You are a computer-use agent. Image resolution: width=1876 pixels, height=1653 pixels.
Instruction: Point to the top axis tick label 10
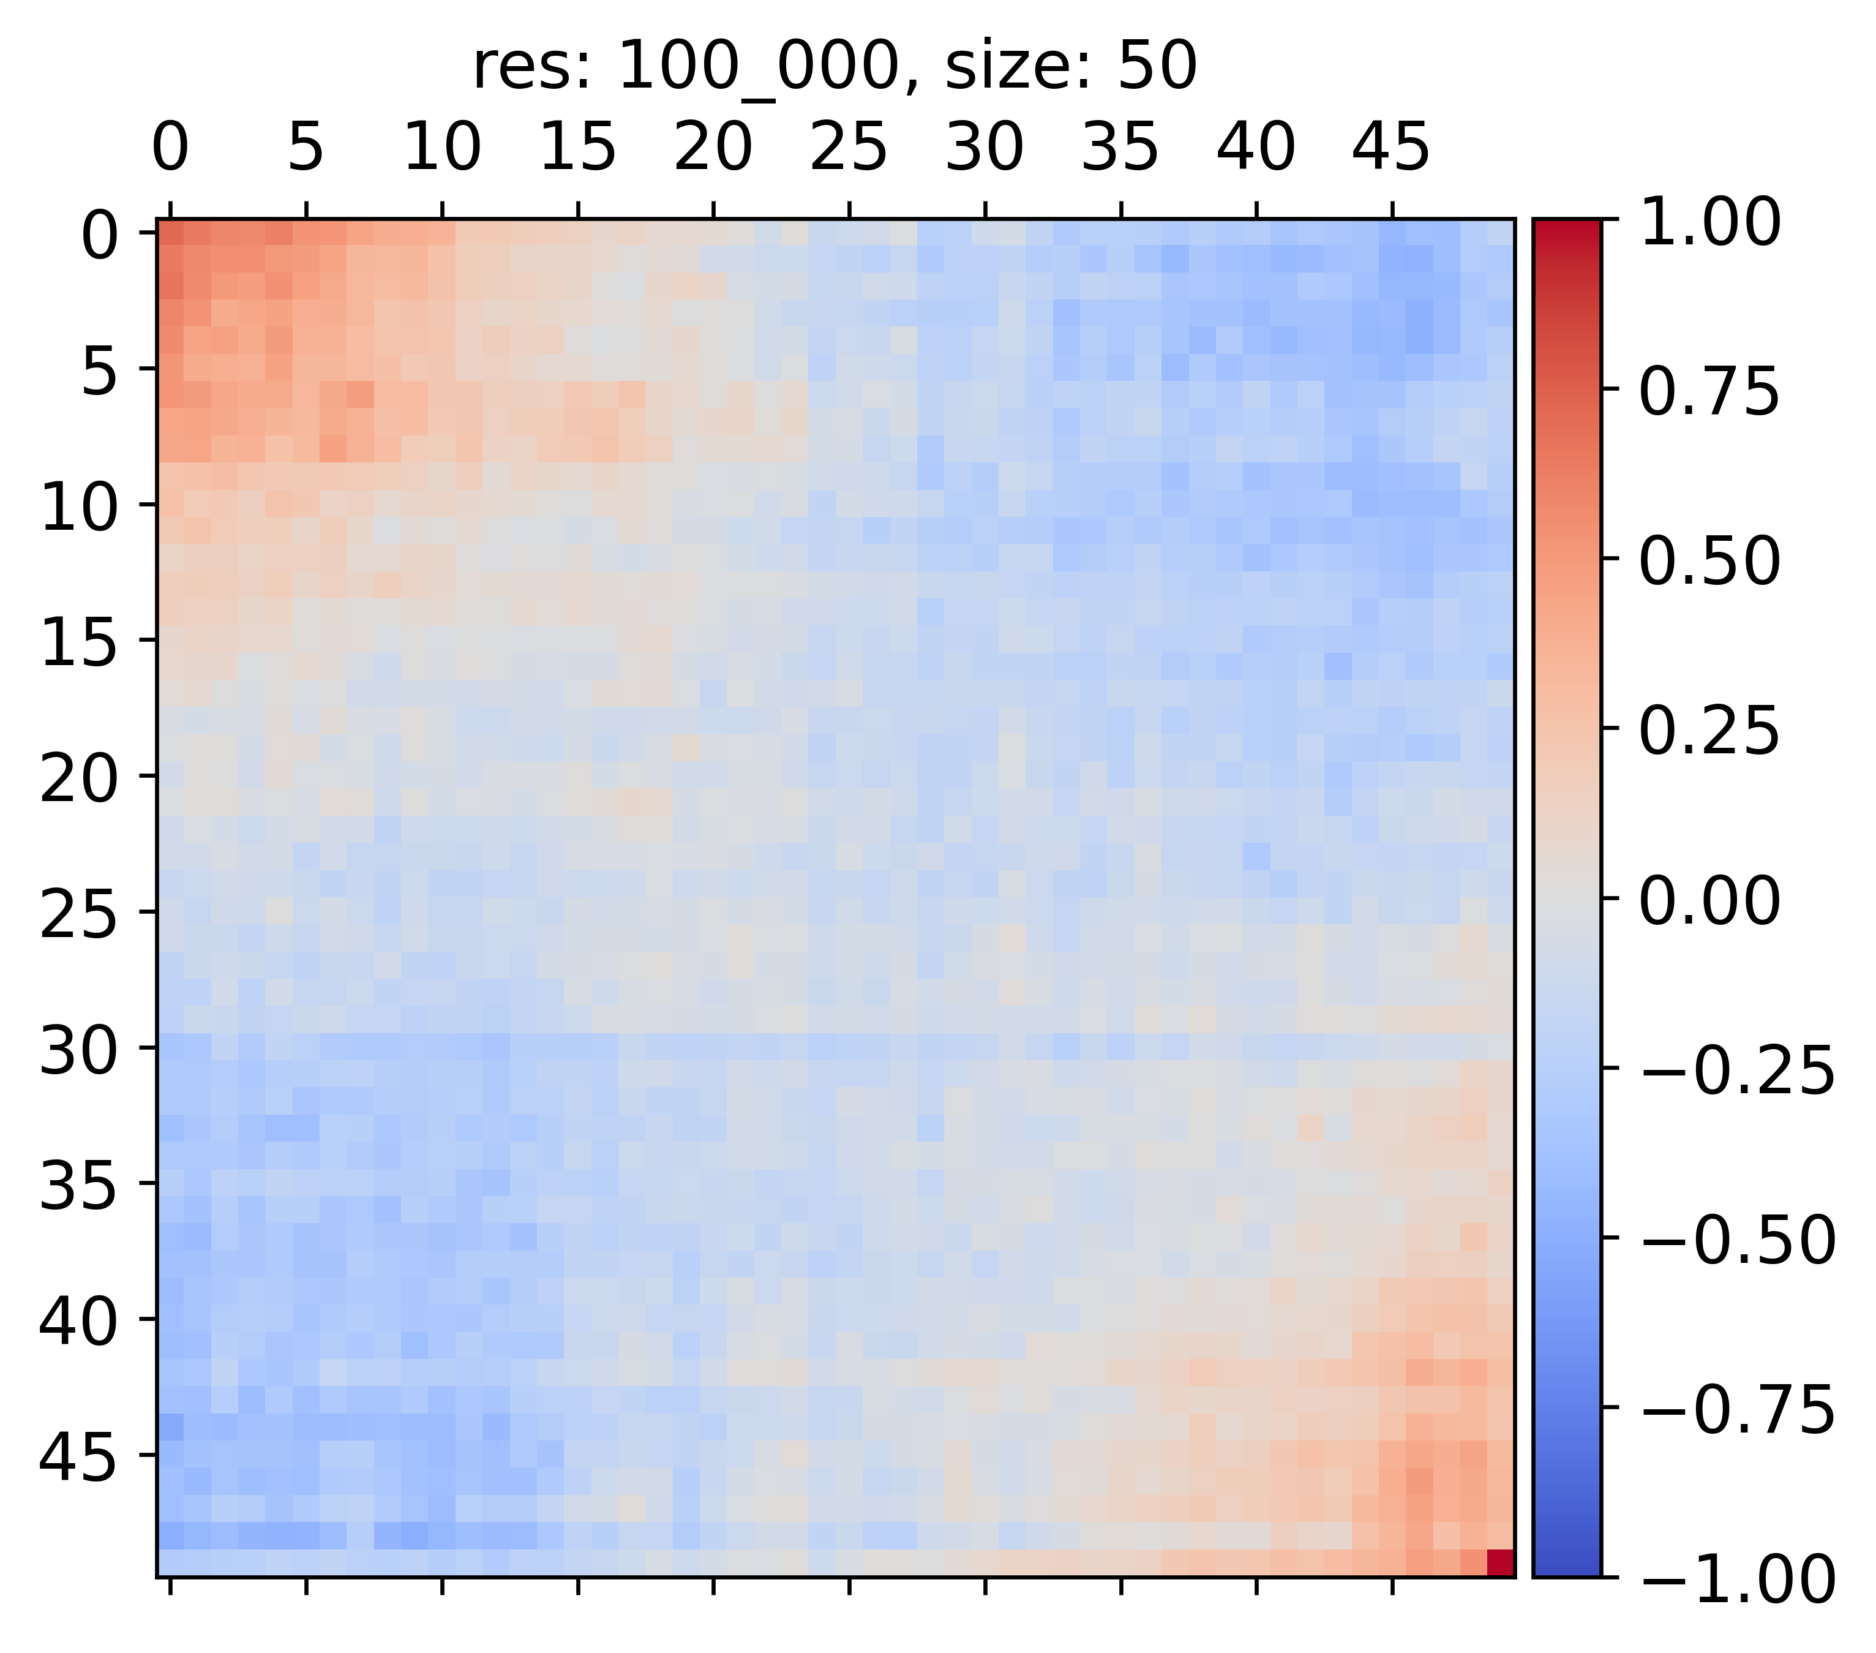441,147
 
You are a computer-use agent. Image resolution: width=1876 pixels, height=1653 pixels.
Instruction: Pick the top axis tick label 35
1120,147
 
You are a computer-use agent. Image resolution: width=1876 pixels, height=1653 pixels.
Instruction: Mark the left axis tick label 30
79,1051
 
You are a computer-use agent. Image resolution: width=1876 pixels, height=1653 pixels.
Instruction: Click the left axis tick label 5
99,372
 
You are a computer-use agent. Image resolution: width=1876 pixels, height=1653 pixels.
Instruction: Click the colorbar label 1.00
1709,223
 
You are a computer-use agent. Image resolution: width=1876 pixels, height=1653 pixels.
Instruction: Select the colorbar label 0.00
1709,902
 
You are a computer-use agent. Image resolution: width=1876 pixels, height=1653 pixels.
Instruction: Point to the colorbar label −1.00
1736,1580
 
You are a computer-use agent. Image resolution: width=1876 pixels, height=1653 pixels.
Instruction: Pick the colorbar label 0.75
1709,393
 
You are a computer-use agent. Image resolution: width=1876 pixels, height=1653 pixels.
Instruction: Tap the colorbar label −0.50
1736,1241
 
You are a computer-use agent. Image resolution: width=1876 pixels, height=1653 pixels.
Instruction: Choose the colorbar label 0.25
1709,731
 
